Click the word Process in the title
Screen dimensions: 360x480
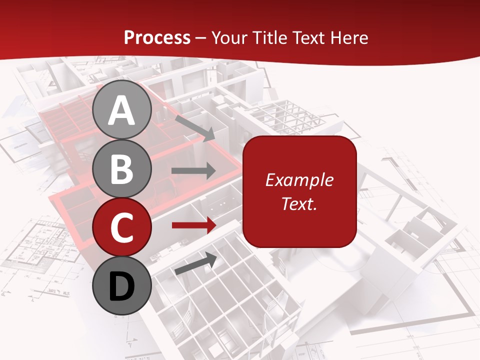(157, 38)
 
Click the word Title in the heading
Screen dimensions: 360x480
(268, 38)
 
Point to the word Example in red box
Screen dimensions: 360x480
(299, 180)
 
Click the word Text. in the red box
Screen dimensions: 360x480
(299, 203)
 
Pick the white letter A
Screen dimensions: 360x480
(122, 110)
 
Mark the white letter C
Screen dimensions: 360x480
(122, 227)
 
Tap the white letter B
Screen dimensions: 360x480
(122, 169)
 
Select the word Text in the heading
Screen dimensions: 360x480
(308, 38)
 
